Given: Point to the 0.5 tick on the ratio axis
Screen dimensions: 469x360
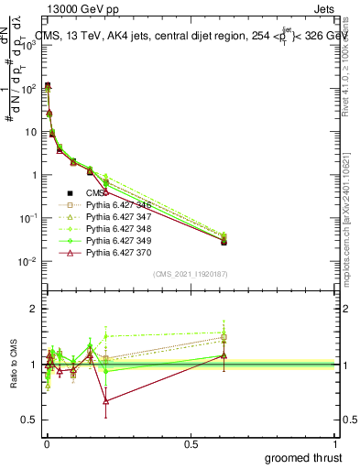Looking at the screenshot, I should tap(28, 420).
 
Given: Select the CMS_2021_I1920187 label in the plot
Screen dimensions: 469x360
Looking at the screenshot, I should tap(191, 274).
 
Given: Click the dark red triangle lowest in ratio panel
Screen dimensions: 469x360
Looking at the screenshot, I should tap(106, 401).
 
